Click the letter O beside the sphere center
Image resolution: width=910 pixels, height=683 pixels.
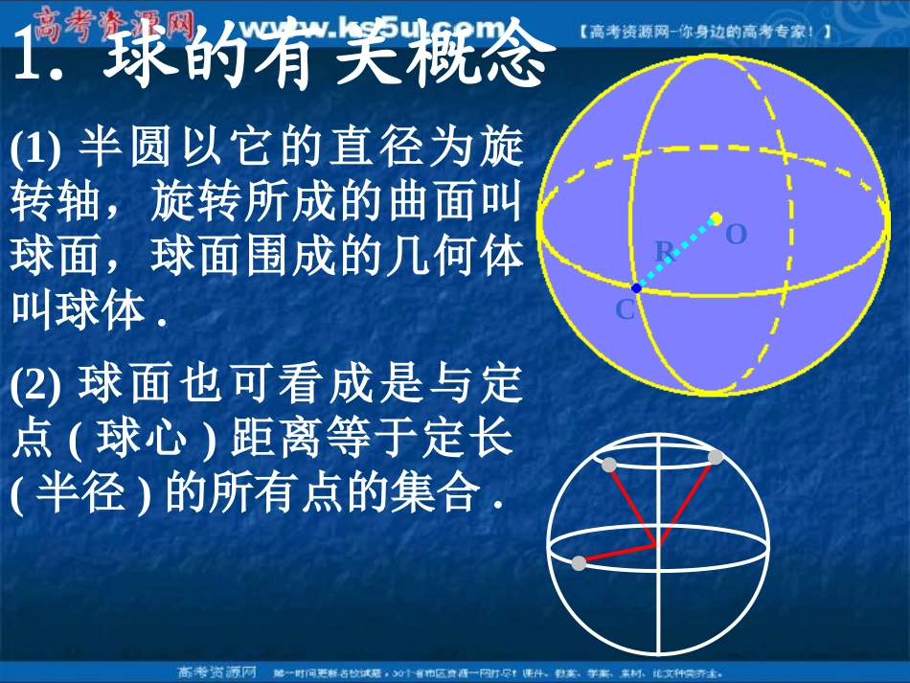click(736, 233)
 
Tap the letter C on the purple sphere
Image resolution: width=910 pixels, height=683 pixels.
click(624, 309)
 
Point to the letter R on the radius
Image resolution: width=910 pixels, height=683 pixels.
click(664, 251)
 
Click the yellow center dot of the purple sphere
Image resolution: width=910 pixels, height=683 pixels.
click(716, 219)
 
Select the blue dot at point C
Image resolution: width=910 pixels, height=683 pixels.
click(636, 287)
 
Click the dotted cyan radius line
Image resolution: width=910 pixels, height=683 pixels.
click(676, 253)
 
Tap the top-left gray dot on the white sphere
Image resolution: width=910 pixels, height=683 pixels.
click(609, 466)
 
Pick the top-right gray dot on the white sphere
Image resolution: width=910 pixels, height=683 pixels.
click(716, 457)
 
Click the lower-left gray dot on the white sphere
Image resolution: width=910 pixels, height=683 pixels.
click(579, 562)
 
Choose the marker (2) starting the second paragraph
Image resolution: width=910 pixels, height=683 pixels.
click(36, 385)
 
